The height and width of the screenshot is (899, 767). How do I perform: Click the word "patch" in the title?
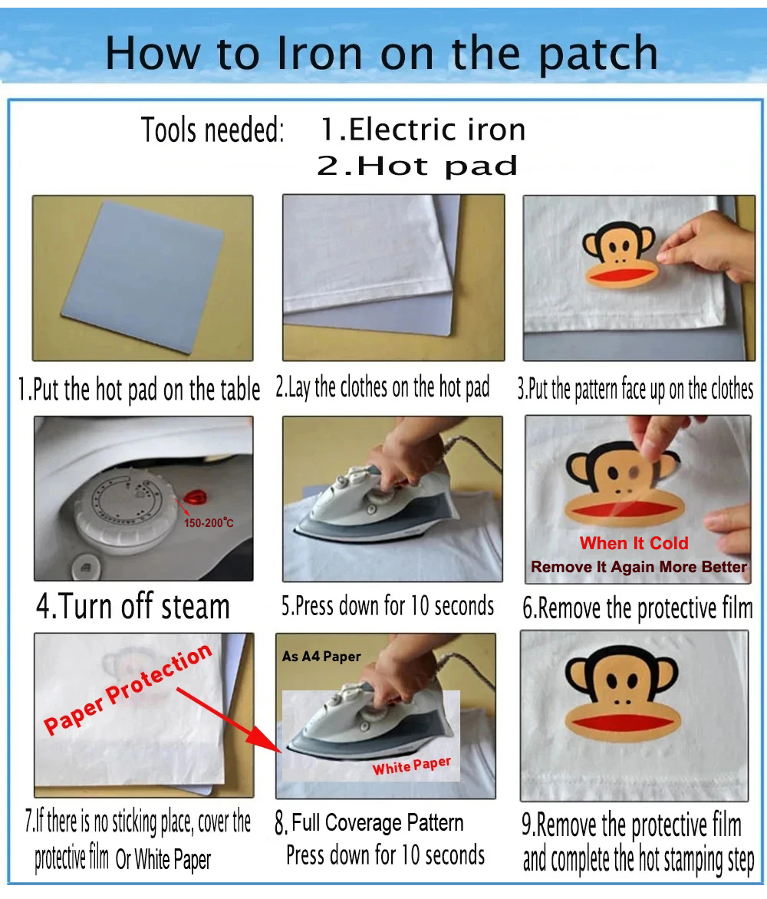597,54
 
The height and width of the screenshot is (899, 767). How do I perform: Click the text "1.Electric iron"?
423,129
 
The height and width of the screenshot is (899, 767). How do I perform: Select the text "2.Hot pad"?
417,166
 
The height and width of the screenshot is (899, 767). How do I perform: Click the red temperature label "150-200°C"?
209,523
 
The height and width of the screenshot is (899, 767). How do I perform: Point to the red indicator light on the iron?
196,497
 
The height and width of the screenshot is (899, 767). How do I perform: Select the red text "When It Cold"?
634,543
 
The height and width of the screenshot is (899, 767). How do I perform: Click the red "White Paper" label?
412,766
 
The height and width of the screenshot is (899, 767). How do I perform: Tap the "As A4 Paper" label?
321,656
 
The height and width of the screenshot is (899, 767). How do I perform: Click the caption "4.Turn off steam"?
133,607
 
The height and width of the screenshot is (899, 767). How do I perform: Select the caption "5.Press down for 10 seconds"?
387,605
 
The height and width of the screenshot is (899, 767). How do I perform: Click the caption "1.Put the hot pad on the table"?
139,390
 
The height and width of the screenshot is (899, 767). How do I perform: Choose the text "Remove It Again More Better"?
639,567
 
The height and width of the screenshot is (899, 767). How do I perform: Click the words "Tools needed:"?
212,130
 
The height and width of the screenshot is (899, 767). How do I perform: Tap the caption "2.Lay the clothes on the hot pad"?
383,387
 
